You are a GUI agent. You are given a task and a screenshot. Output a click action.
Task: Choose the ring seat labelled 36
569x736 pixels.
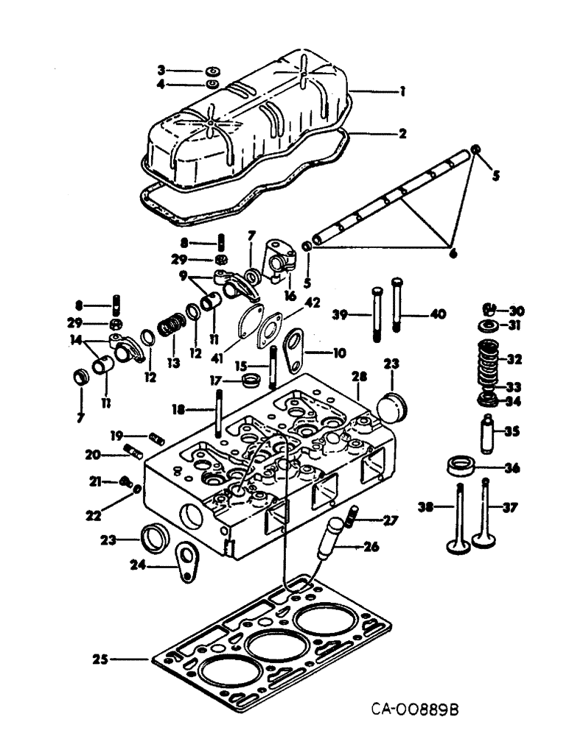461,467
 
